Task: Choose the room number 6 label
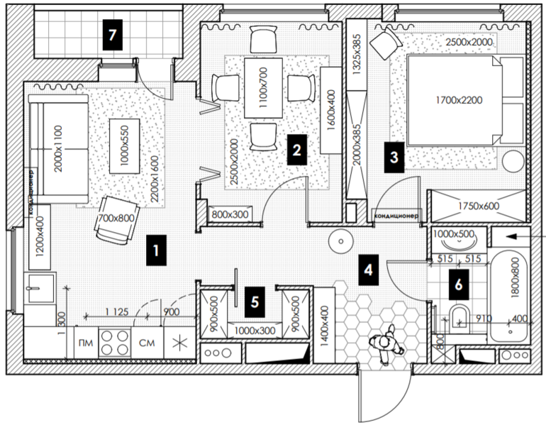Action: point(459,285)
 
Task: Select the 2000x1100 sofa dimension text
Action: point(59,151)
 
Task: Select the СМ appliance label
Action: point(147,344)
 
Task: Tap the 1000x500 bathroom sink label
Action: point(454,233)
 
